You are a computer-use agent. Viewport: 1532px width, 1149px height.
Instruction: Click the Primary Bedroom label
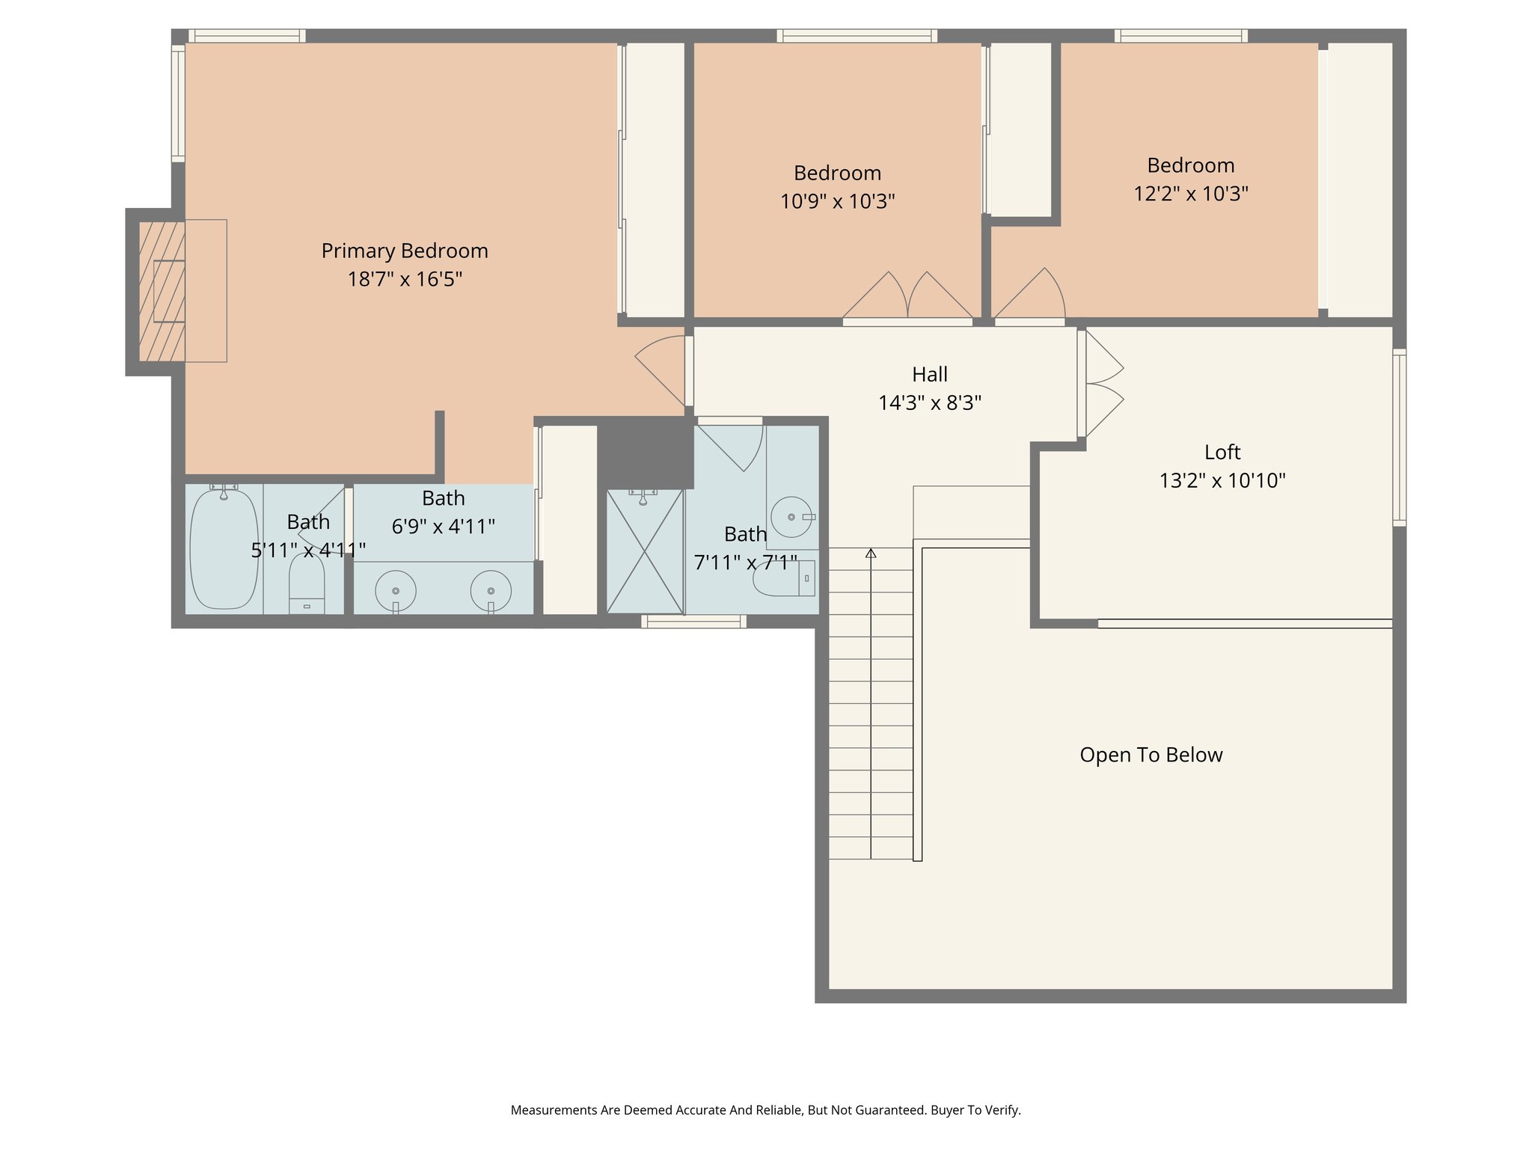pos(405,251)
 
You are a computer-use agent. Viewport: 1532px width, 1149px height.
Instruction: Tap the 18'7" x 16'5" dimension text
pos(405,279)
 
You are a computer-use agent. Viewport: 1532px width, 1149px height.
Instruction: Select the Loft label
pos(1222,452)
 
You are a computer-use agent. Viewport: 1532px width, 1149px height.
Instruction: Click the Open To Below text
pos(1150,755)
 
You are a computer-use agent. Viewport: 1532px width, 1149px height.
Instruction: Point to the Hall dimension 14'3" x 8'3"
pos(929,403)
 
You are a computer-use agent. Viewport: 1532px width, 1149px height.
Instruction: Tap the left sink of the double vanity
pos(396,590)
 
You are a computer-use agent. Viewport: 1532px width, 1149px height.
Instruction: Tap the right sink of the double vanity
pos(491,590)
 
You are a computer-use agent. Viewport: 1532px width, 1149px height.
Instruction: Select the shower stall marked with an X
pos(645,551)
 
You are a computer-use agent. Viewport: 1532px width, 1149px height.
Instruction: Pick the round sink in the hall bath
pos(791,517)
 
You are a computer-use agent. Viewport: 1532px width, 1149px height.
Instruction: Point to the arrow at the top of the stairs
pos(871,554)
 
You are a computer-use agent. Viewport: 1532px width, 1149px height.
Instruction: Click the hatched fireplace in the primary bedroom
pos(162,291)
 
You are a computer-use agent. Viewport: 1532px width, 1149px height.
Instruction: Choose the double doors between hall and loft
pos(1103,384)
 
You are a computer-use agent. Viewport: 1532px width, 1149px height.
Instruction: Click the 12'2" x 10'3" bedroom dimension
pos(1191,194)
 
